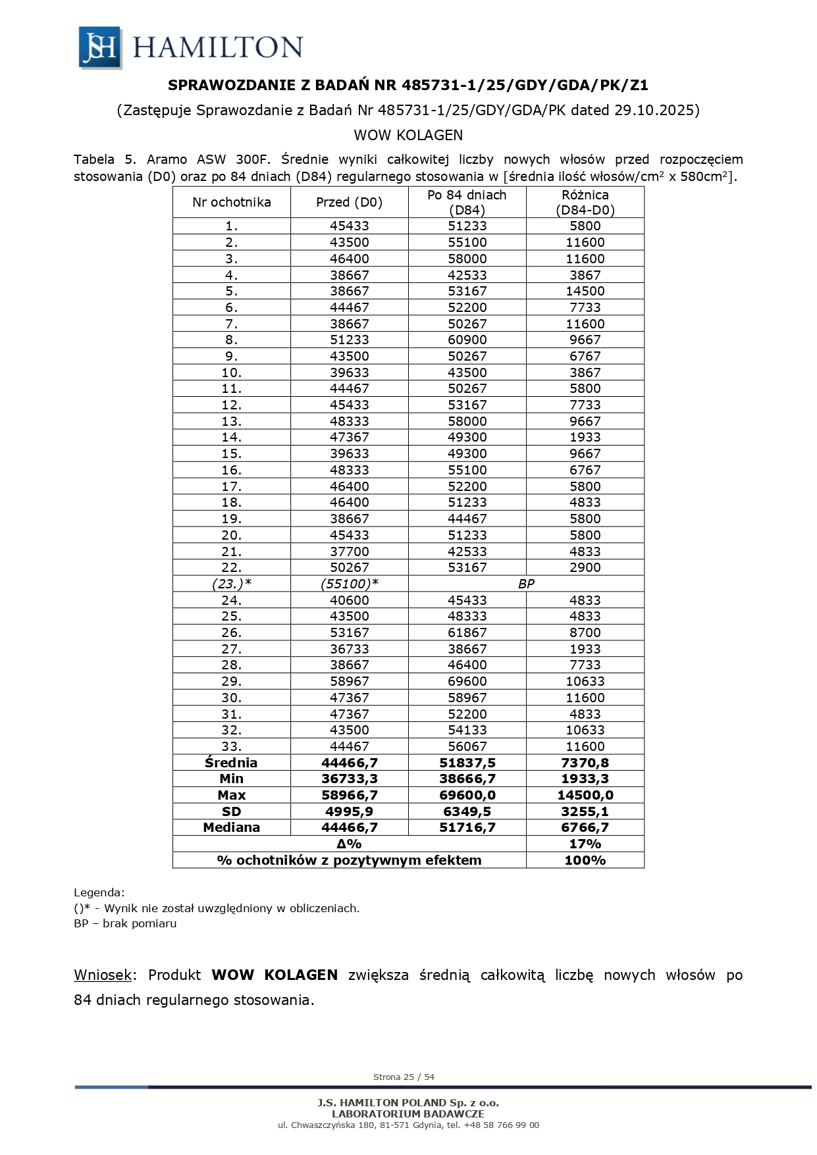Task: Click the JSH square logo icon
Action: (x=100, y=47)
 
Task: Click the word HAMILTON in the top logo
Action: (x=218, y=47)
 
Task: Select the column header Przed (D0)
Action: (x=349, y=202)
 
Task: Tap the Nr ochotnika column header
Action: (x=231, y=202)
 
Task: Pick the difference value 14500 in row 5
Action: (x=585, y=291)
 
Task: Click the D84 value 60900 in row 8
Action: (x=467, y=340)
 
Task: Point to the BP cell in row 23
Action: (x=525, y=584)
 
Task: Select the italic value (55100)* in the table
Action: (x=349, y=584)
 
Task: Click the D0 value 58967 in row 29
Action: (x=349, y=681)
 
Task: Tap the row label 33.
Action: (x=231, y=746)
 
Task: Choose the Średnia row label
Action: (x=231, y=763)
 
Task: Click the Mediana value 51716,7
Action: (x=467, y=827)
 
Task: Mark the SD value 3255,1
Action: (x=585, y=811)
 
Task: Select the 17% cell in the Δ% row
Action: (x=585, y=844)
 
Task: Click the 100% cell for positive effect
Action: (x=585, y=860)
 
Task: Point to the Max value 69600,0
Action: (x=467, y=795)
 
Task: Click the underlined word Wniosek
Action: (x=103, y=975)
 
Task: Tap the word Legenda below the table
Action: (x=98, y=893)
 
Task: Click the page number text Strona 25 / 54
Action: (x=404, y=1077)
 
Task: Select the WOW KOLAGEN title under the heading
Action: (x=408, y=135)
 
